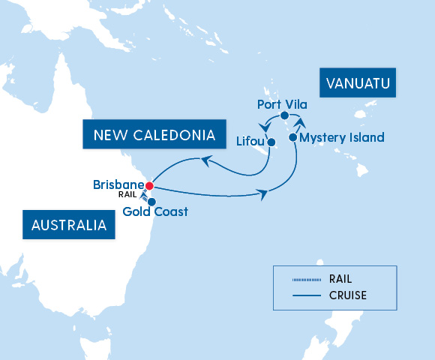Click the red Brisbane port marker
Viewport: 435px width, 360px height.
point(149,185)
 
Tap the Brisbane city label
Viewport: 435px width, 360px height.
point(118,184)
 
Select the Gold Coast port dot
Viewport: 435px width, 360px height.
point(151,201)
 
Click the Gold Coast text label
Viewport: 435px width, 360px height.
point(154,212)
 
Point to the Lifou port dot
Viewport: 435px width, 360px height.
point(271,142)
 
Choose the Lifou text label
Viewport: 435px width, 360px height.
point(249,141)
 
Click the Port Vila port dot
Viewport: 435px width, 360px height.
point(284,115)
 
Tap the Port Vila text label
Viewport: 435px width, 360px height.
point(280,103)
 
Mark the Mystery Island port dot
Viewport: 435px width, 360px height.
point(292,137)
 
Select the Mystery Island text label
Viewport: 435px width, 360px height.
point(341,137)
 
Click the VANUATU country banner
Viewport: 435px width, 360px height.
point(358,84)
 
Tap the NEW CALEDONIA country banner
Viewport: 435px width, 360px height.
point(154,135)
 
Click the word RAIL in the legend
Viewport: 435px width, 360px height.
point(340,279)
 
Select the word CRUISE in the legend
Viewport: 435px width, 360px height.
point(347,295)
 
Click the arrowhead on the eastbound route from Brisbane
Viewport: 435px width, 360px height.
point(264,195)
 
